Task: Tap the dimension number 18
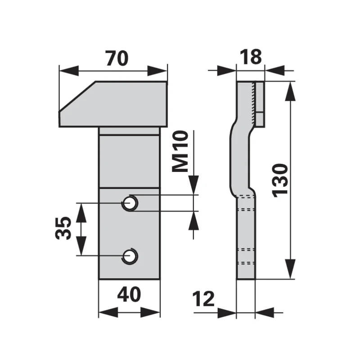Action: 251,57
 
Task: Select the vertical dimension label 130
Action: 280,180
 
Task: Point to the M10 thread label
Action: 180,151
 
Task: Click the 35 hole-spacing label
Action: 63,228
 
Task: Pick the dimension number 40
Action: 129,294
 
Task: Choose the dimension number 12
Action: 203,299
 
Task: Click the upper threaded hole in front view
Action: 130,203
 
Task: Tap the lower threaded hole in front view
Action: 130,256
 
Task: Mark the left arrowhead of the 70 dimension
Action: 69,71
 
